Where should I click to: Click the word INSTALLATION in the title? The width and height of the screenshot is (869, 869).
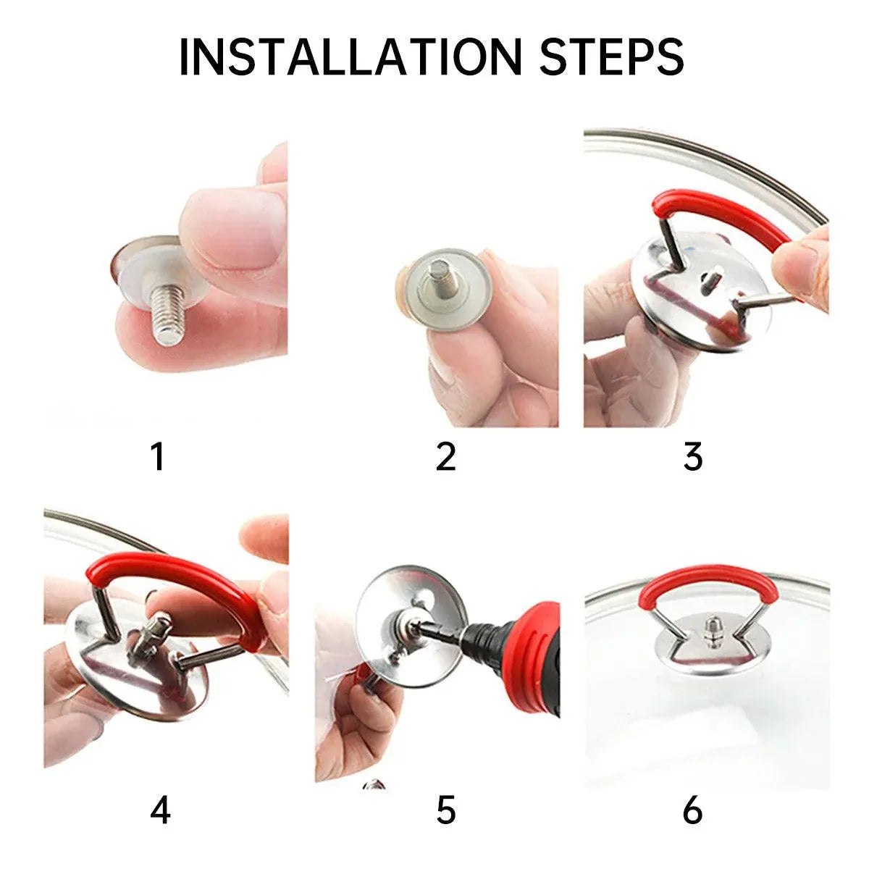pyautogui.click(x=350, y=57)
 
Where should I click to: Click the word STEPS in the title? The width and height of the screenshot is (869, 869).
pyautogui.click(x=612, y=57)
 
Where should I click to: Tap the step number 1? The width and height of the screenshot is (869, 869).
pyautogui.click(x=157, y=457)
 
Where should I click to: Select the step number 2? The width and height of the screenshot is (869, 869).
pyautogui.click(x=445, y=457)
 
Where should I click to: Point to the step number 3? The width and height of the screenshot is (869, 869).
pyautogui.click(x=693, y=457)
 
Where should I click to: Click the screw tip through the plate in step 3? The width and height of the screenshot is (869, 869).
pyautogui.click(x=710, y=277)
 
